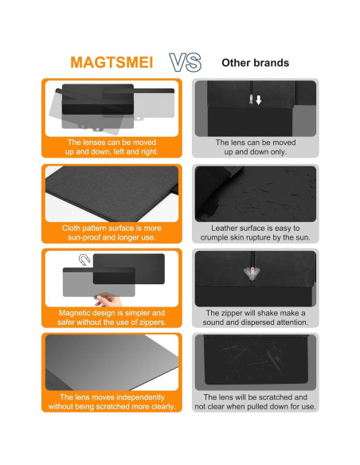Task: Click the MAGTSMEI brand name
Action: pyautogui.click(x=112, y=62)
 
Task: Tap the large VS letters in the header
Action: pyautogui.click(x=186, y=62)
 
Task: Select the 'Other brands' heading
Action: pyautogui.click(x=255, y=62)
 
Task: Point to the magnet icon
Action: pyautogui.click(x=84, y=260)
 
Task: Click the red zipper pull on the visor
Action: pyautogui.click(x=252, y=273)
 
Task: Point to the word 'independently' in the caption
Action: pyautogui.click(x=132, y=397)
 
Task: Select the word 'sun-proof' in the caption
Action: pyautogui.click(x=86, y=237)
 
